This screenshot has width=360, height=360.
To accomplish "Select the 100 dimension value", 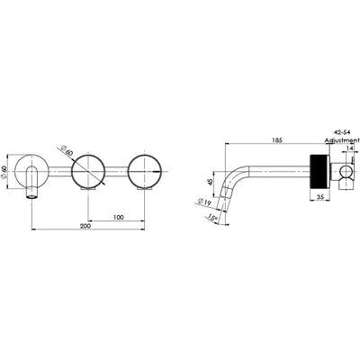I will click(117, 218).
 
